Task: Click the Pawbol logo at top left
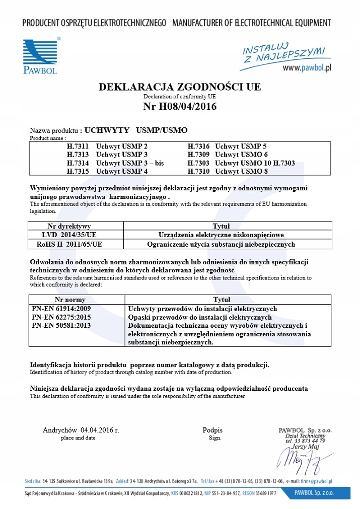pos(41,55)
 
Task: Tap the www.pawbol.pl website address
pos(307,67)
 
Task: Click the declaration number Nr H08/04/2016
pos(180,107)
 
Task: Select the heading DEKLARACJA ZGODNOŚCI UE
pos(180,87)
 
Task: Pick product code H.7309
pos(198,155)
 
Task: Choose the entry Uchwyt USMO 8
pos(241,172)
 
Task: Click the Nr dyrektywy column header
pos(69,227)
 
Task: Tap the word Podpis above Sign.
pos(212,430)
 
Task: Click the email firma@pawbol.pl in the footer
pos(316,481)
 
